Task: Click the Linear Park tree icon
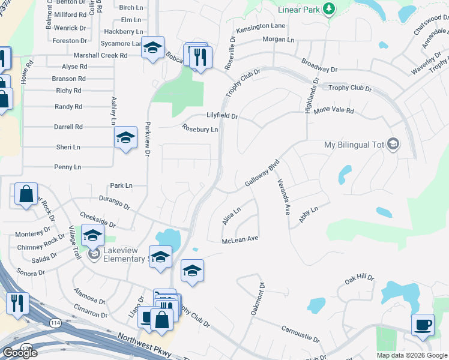pos(328,9)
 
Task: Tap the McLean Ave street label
pos(240,239)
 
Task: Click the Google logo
pos(20,352)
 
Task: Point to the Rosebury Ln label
pos(200,128)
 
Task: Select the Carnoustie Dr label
pos(300,334)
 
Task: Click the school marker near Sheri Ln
pos(125,139)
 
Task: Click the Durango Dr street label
pos(115,205)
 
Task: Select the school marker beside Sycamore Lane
pos(153,48)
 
